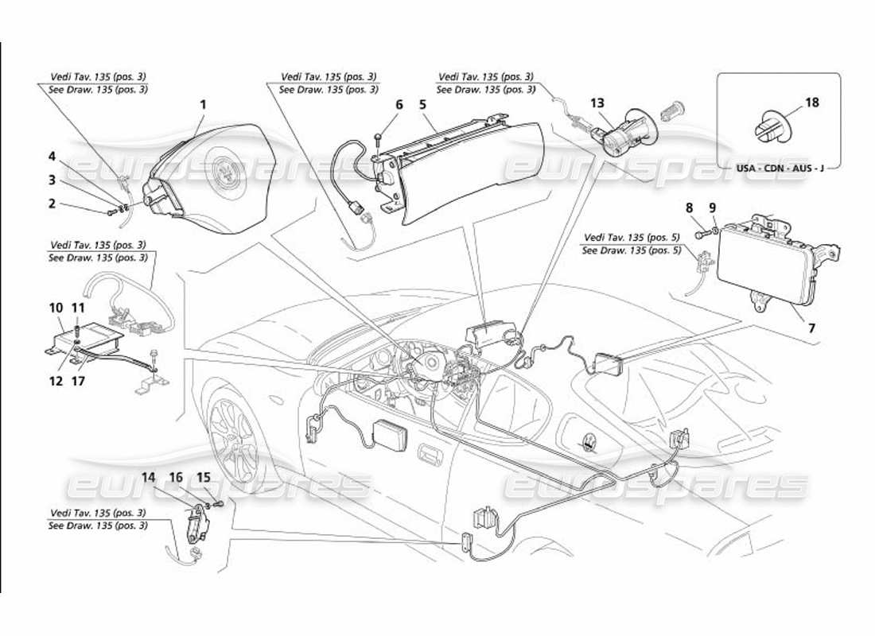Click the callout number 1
tap(203, 104)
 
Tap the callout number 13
tap(597, 103)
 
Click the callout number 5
tap(423, 104)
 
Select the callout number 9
tap(713, 207)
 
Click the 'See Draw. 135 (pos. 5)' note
tap(631, 250)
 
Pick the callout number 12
tap(56, 381)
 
